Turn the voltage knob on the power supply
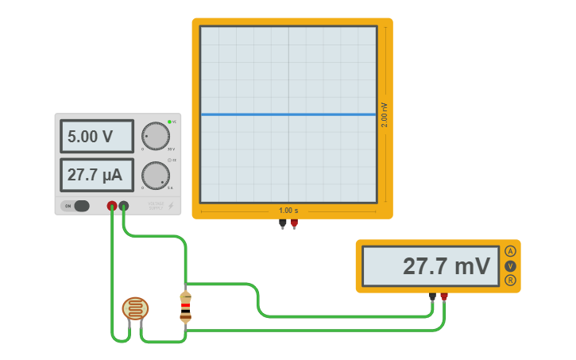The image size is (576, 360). point(156,136)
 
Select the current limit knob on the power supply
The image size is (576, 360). point(156,176)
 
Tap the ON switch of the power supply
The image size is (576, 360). point(78,206)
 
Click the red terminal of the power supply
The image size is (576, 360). point(112,206)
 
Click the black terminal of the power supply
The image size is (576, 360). point(124,206)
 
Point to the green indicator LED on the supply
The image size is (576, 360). point(169,122)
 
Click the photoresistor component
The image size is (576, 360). point(135,308)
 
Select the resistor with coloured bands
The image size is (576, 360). point(185,306)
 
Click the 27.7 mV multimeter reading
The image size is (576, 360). point(430,266)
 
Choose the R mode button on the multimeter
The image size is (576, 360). point(510,281)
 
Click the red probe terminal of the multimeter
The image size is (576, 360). point(444,296)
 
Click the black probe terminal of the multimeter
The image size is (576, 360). point(432,296)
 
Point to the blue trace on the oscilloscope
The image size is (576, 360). point(288,114)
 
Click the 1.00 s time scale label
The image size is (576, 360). point(288,211)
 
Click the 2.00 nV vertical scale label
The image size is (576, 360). point(385,114)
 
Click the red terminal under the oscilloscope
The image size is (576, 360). point(294,223)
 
